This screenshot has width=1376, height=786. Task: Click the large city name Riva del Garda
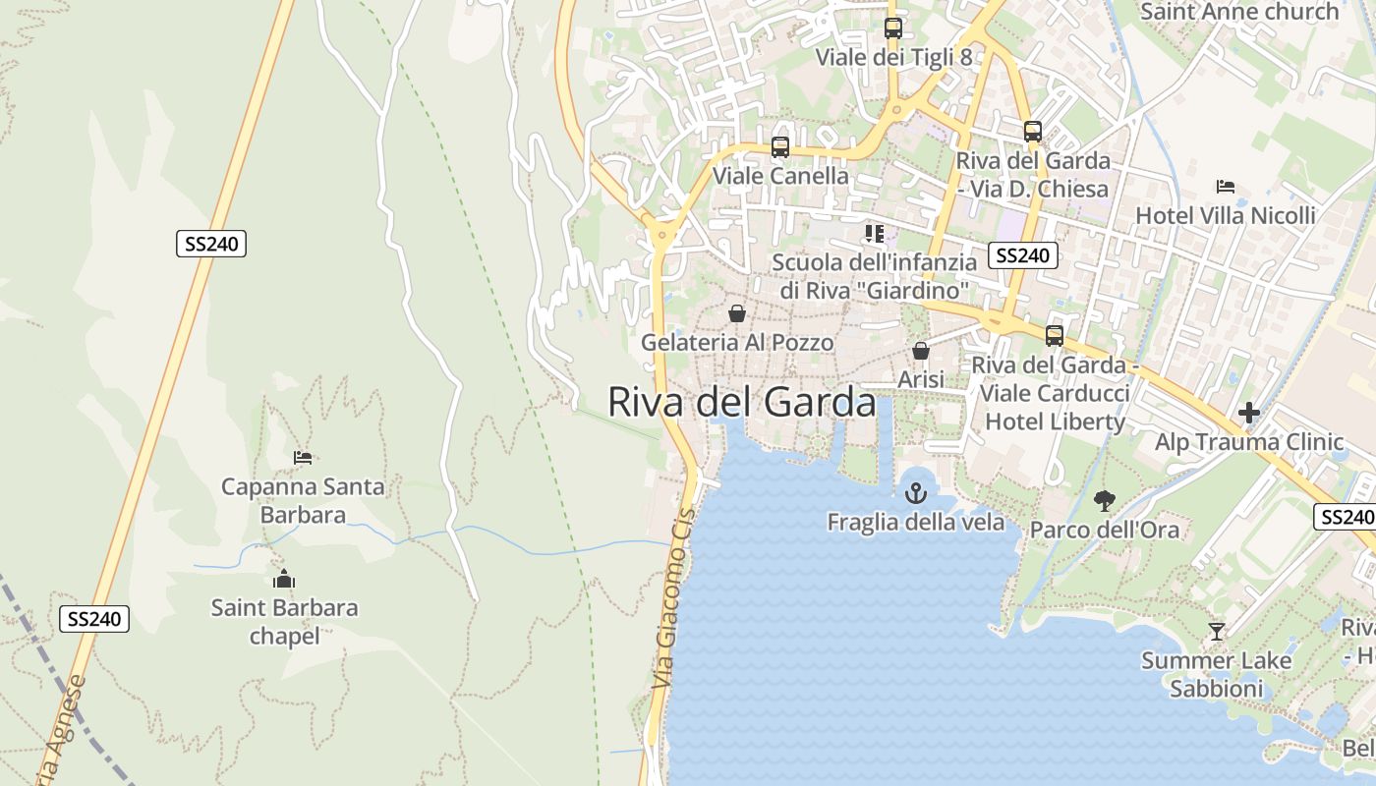741,402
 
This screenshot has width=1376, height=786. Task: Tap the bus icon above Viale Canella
780,147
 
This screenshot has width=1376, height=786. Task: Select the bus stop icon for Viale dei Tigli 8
892,28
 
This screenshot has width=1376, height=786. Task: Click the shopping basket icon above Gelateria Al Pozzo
737,313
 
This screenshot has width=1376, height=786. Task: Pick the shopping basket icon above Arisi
921,351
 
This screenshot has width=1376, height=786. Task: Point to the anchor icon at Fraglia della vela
916,493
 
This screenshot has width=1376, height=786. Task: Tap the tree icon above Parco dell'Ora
1105,501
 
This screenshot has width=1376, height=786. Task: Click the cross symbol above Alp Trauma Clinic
1249,413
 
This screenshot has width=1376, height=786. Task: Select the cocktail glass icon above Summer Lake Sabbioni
1217,632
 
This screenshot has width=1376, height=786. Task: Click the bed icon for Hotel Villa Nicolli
1225,187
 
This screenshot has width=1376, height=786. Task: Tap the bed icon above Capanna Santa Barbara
303,458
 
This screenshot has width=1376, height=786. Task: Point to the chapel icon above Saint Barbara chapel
284,579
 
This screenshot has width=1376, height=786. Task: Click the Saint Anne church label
1239,12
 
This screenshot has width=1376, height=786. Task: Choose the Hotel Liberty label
1056,421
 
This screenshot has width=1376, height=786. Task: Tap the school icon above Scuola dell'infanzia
874,234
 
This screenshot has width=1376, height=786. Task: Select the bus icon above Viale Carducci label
1055,336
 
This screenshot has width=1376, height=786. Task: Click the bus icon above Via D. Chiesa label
1032,132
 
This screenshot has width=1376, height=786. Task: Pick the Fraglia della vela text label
916,522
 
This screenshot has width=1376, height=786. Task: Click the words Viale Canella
780,176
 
